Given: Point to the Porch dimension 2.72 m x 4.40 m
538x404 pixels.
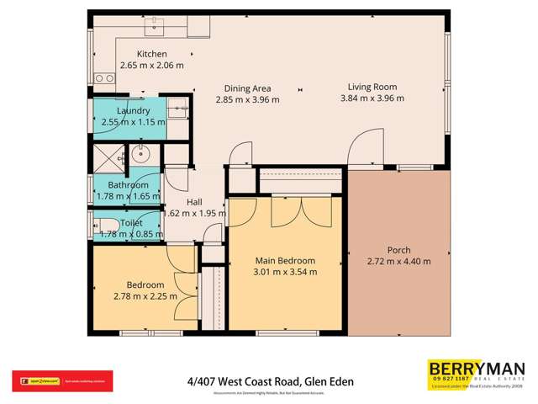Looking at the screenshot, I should pos(398,262).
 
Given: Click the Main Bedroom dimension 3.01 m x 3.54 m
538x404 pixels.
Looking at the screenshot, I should pos(285,272).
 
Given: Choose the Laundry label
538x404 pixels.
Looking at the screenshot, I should pos(134,111).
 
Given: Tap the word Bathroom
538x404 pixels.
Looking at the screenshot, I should pos(129,185).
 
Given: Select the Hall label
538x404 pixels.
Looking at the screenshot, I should pos(193,202).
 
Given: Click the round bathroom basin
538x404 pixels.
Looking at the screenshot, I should pos(141,156).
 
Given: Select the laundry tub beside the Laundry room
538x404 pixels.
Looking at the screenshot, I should pos(177,108).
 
